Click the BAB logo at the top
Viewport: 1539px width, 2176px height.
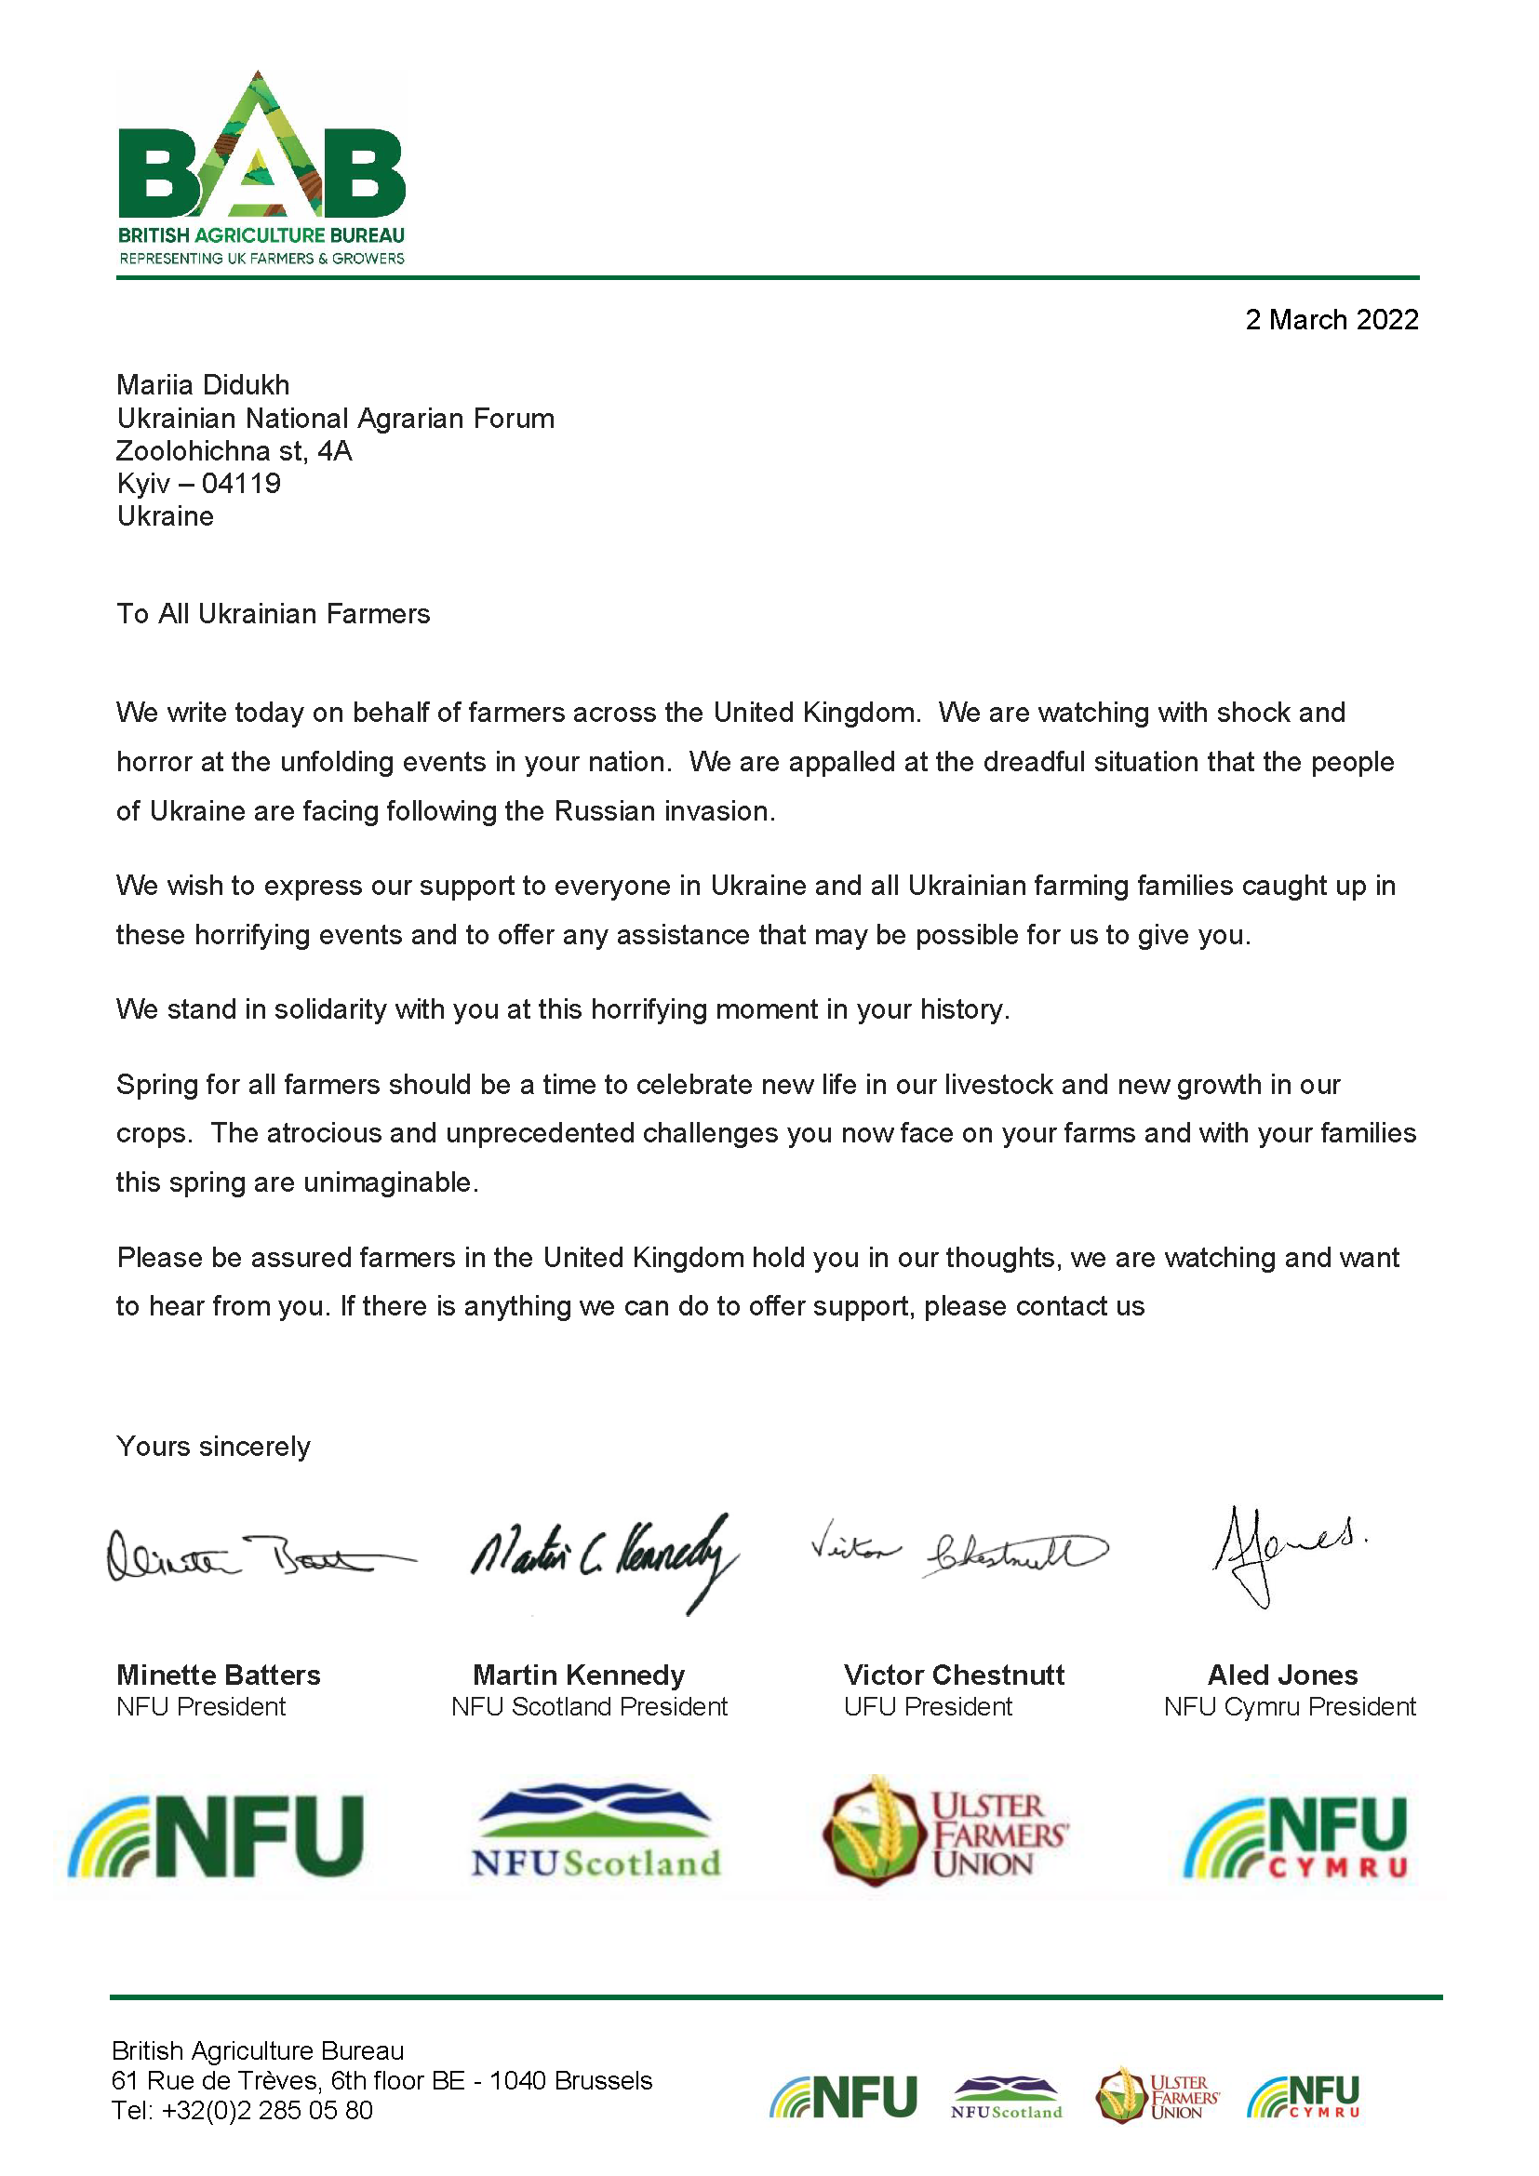[261, 152]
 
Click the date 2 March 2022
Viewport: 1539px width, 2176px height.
[1331, 320]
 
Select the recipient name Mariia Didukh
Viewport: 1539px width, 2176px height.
[203, 385]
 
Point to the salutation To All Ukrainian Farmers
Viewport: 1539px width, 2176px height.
[273, 614]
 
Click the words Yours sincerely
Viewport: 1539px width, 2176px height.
[213, 1447]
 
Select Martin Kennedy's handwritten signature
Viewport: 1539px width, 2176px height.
[604, 1559]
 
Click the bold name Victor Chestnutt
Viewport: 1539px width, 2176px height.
[954, 1675]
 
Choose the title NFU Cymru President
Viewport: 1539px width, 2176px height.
[1289, 1706]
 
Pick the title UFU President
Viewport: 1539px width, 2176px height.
[928, 1706]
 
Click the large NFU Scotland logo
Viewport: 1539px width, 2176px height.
[596, 1831]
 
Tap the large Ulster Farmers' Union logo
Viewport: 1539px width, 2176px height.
[944, 1831]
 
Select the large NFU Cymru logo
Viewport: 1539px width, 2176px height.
[1294, 1836]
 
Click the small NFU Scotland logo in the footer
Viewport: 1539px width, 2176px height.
[1007, 2097]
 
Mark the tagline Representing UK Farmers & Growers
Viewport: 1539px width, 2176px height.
[261, 258]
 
